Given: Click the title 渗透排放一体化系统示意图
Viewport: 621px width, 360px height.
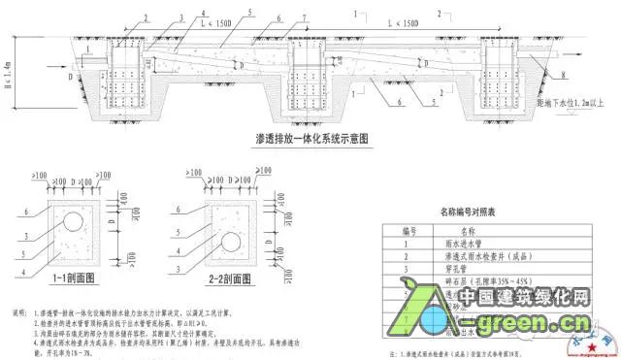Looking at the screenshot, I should click(x=291, y=139).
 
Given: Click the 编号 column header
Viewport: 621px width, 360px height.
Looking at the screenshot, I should click(x=415, y=232).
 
